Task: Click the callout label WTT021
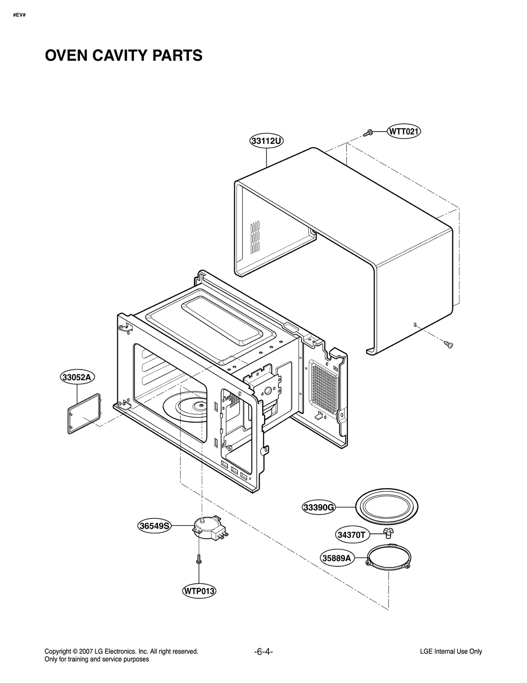403,131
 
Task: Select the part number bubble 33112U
266,141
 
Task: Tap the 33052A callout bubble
77,377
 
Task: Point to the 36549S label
154,526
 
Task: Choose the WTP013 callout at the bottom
199,591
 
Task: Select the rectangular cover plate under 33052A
84,413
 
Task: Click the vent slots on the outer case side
255,237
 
